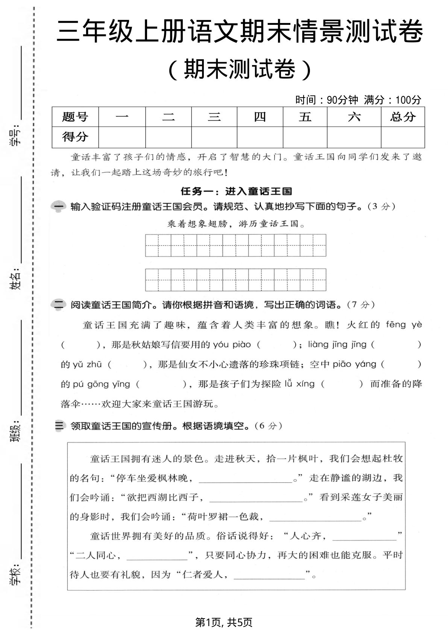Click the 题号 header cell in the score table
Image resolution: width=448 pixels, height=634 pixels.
click(75, 117)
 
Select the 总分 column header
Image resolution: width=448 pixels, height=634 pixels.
click(402, 117)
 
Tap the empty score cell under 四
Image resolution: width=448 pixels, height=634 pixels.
click(260, 137)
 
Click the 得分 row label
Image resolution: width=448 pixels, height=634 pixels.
click(75, 137)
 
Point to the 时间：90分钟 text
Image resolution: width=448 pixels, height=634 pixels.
click(327, 100)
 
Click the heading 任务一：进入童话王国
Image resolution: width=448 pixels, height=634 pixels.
click(236, 191)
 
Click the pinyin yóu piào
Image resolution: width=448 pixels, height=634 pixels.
click(232, 344)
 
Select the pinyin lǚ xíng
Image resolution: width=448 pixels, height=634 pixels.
click(299, 384)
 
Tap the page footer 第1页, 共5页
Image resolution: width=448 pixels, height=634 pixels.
click(224, 622)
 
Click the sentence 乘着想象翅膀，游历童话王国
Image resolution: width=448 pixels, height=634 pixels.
click(236, 224)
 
